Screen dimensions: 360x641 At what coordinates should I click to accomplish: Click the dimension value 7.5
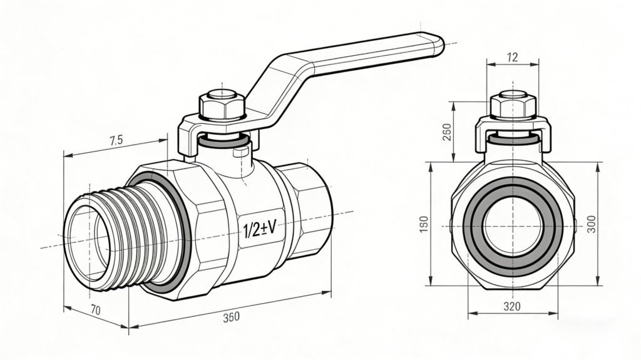(115, 141)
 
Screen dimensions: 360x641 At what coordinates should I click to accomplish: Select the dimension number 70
(96, 309)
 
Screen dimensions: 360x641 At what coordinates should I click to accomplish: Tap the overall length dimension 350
(231, 317)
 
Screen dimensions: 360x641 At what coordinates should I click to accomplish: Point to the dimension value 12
(512, 58)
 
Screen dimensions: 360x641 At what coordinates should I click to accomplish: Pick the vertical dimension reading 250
(447, 131)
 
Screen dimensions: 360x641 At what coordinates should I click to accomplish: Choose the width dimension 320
(512, 307)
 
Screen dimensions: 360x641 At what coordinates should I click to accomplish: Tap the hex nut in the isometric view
(222, 106)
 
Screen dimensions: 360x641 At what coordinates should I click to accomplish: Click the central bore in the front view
(512, 225)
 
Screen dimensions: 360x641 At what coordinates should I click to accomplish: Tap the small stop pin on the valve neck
(238, 152)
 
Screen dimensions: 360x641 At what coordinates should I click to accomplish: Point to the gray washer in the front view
(512, 139)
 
